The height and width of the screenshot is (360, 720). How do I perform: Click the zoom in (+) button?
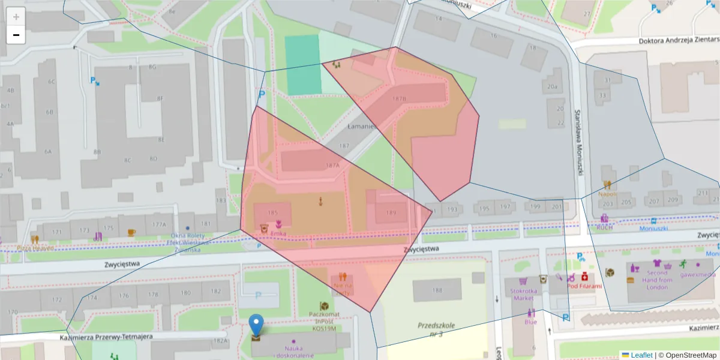click(16, 17)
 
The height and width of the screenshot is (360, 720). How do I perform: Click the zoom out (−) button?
click(16, 35)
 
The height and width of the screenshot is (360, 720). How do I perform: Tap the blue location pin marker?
click(256, 325)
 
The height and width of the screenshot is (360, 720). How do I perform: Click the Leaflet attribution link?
click(641, 355)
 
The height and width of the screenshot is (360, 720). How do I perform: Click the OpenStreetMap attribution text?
click(687, 355)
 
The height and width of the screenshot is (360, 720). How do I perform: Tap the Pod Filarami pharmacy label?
click(584, 287)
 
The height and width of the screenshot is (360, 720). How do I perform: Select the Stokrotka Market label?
click(521, 294)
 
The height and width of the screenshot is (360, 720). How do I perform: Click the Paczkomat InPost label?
click(323, 321)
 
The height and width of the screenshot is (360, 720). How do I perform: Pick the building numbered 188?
click(437, 291)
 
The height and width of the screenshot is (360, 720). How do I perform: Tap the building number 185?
click(273, 213)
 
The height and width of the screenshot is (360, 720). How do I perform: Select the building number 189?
click(391, 212)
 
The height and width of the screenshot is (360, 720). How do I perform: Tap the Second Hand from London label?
click(657, 280)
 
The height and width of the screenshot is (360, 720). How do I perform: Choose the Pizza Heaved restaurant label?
click(35, 248)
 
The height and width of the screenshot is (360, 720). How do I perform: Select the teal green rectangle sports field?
click(302, 65)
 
